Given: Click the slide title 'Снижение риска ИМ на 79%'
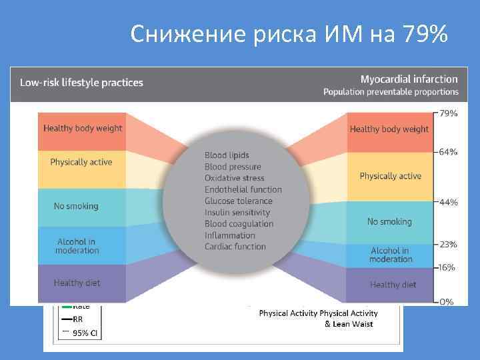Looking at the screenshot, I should pyautogui.click(x=289, y=33).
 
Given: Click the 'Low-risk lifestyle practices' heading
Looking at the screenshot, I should pyautogui.click(x=81, y=83).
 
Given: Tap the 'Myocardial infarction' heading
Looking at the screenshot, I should pyautogui.click(x=409, y=79).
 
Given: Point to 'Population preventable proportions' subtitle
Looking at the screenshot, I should pyautogui.click(x=391, y=92).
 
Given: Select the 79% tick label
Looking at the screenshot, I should pyautogui.click(x=448, y=113).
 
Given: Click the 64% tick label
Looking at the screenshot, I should pyautogui.click(x=448, y=152).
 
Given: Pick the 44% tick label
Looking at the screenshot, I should pyautogui.click(x=448, y=202).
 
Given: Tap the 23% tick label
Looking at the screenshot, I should pyautogui.click(x=448, y=245).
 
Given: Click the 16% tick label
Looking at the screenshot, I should pyautogui.click(x=447, y=267).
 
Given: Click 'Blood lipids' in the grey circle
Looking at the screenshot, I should pyautogui.click(x=227, y=155).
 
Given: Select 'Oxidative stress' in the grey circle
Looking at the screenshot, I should pyautogui.click(x=234, y=178).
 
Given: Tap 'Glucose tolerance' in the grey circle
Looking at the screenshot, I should pyautogui.click(x=238, y=201).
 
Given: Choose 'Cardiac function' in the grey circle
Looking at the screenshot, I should pyautogui.click(x=235, y=246).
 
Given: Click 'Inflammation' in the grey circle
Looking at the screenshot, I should pyautogui.click(x=229, y=235).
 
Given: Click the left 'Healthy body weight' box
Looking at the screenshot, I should pyautogui.click(x=83, y=128).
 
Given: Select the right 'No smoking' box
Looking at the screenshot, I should pyautogui.click(x=389, y=221).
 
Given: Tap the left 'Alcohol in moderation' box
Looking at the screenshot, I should pyautogui.click(x=77, y=246).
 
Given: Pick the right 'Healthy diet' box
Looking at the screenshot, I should pyautogui.click(x=393, y=285).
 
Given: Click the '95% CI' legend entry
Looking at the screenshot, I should pyautogui.click(x=85, y=333).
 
